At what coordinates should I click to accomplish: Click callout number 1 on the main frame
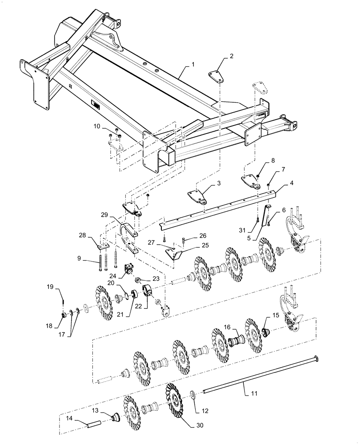click(193, 65)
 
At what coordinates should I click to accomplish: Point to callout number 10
click(97, 127)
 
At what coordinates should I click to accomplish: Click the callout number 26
click(203, 235)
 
